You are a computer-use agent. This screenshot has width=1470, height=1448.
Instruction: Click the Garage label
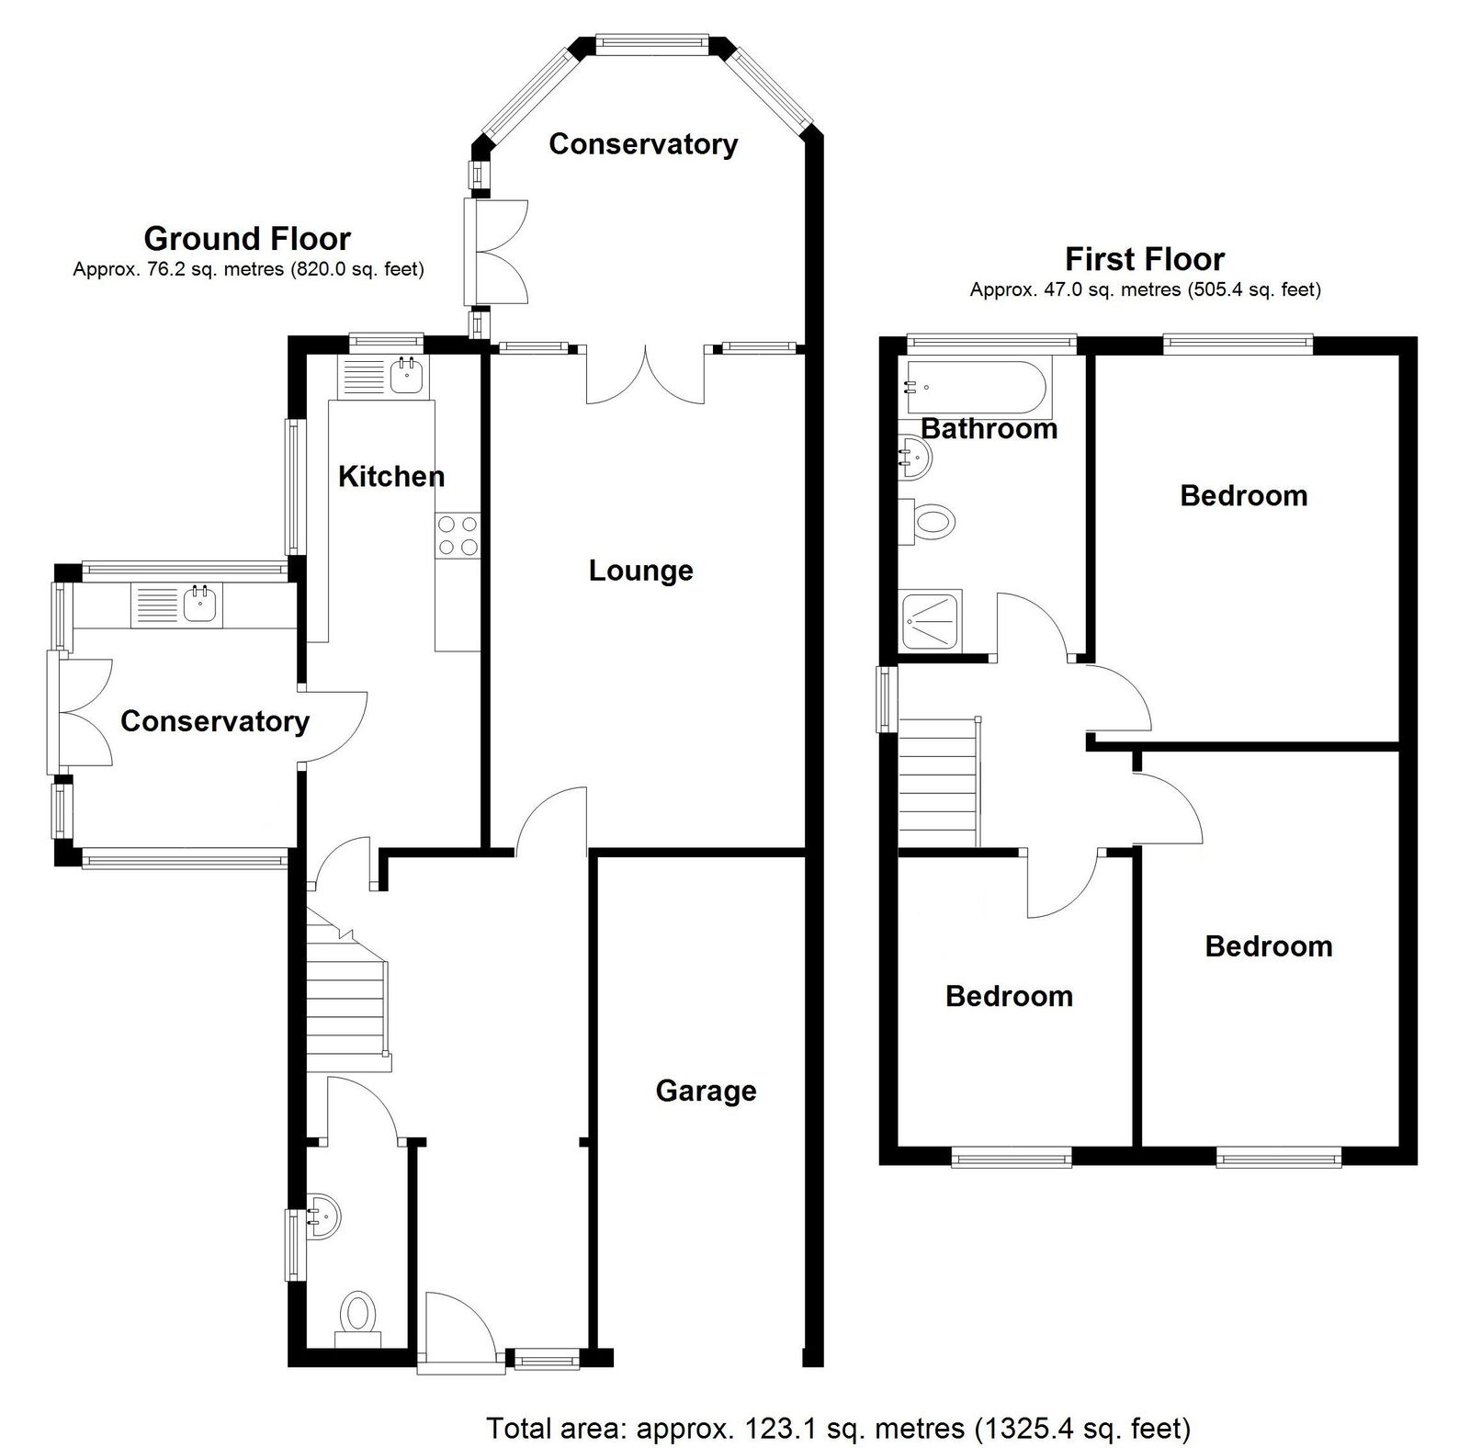pos(706,1091)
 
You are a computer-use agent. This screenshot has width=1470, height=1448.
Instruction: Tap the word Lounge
pos(640,571)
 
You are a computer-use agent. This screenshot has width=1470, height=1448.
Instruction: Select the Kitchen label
pos(391,476)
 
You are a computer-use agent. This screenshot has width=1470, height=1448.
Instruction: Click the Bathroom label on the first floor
pos(989,428)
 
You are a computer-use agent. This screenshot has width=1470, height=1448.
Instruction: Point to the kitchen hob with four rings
pos(458,535)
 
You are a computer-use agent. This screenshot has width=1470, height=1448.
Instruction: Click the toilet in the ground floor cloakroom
pos(357,1318)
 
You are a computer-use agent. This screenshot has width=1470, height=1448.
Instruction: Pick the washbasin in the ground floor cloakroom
pos(323,1215)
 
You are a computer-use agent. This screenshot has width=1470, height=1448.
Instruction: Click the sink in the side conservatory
pos(176,605)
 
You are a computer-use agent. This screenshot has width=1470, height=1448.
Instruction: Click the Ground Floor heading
pos(247,239)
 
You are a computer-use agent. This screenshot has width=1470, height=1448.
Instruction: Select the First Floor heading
pos(1145,259)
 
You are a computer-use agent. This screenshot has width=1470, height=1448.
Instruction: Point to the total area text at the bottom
pos(838,1429)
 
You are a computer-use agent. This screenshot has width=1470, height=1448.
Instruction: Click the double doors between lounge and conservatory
pos(647,375)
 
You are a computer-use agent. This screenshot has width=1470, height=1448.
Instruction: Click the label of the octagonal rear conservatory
pos(643,144)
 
